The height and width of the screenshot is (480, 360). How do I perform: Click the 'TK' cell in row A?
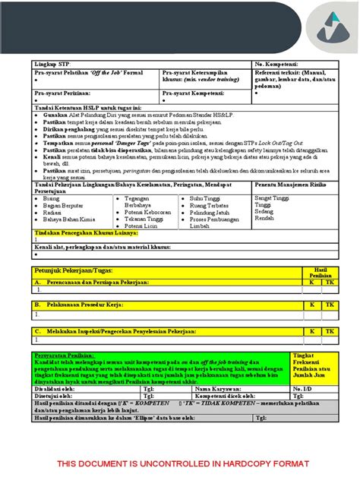click(x=328, y=282)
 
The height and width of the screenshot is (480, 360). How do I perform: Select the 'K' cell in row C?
click(x=311, y=332)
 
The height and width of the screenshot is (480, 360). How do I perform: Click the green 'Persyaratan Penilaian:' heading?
click(x=65, y=355)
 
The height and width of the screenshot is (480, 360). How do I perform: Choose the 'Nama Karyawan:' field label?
click(x=219, y=388)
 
